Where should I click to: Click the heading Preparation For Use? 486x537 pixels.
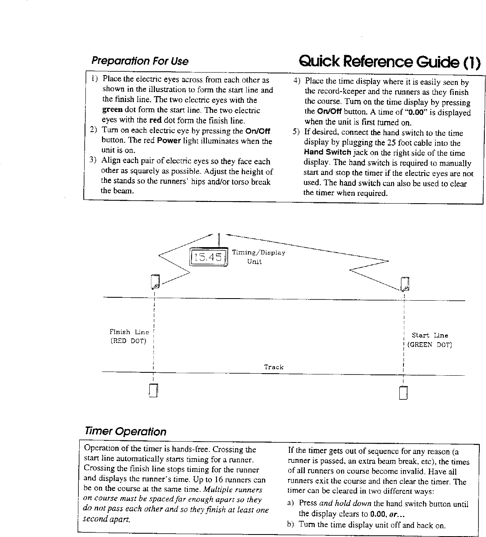[x=140, y=61]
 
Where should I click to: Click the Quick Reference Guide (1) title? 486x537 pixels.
[x=389, y=62]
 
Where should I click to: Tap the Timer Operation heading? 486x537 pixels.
[x=125, y=432]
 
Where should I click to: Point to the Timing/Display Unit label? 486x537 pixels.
[x=258, y=257]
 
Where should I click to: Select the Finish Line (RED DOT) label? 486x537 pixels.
[x=129, y=337]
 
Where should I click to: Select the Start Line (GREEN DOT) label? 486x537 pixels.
[x=430, y=340]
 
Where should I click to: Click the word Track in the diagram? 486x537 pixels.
[x=274, y=367]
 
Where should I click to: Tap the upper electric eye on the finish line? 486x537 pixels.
[x=156, y=282]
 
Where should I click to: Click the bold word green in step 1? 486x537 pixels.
[x=112, y=110]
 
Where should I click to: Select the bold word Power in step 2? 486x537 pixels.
[x=168, y=141]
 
